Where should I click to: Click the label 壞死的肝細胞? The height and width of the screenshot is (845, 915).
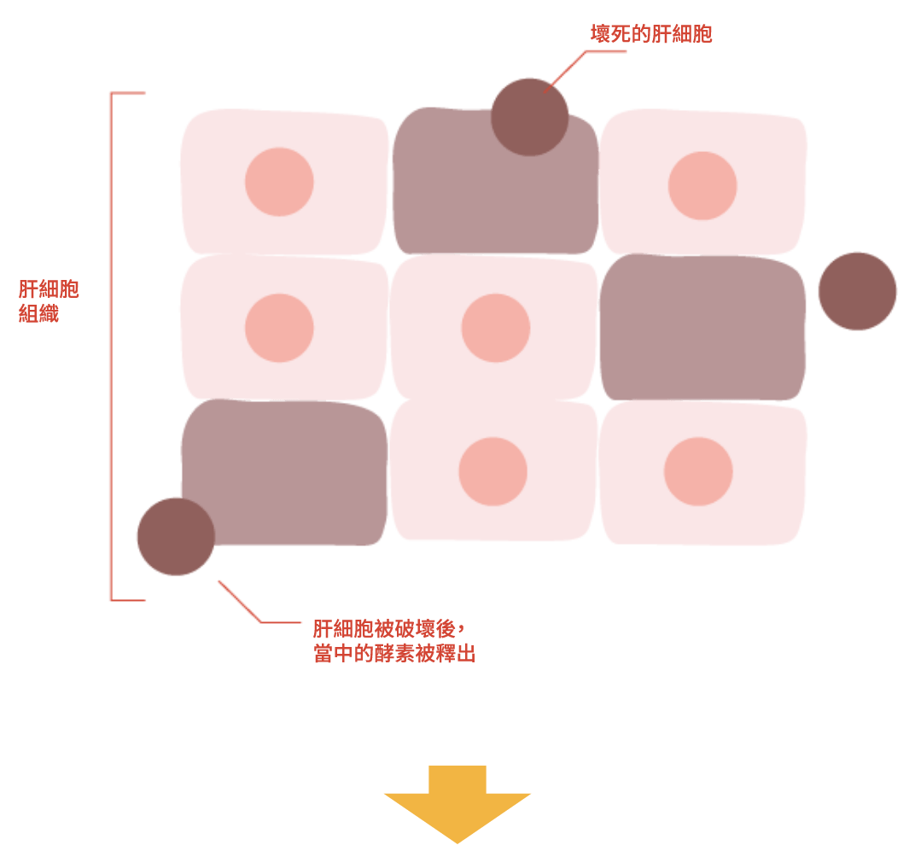coord(651,34)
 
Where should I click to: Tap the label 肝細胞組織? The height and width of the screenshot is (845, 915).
coord(49,301)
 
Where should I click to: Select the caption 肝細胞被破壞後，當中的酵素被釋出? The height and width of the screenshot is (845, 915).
coord(393,642)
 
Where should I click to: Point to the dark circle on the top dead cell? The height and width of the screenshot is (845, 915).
coord(529,117)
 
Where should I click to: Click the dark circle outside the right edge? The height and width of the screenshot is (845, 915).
coord(857,291)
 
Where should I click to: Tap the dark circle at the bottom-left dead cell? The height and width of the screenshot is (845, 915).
coord(175,536)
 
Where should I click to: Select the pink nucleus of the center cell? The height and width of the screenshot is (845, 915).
coord(496,328)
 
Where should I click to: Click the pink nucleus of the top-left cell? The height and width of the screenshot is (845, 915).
coord(279,182)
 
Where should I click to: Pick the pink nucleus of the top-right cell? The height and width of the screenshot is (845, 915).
coord(702,185)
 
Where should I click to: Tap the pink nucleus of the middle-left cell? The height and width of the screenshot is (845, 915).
coord(279,328)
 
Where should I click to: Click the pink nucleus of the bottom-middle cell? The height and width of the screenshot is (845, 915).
coord(492,471)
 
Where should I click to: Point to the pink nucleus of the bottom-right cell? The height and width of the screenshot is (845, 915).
coord(698,471)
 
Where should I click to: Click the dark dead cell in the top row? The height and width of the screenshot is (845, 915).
coord(495,205)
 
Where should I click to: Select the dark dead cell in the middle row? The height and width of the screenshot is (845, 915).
coord(702,329)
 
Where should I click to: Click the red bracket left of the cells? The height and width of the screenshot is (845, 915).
coord(112,346)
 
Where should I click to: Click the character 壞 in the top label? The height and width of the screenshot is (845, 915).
coord(601,34)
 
